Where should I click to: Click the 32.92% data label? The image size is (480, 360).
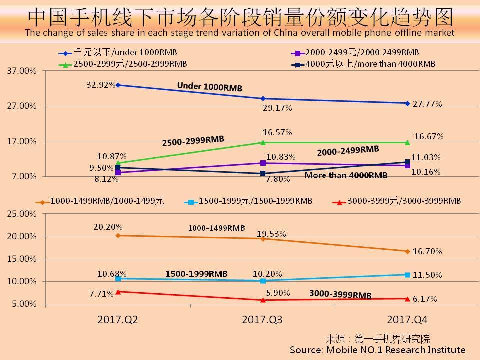pos(100,84)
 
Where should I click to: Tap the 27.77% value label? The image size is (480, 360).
pos(427,104)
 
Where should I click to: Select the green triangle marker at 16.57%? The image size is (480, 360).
pos(263,143)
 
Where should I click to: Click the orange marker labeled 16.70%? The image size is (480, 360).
pos(407,251)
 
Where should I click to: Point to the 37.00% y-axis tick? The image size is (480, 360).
pos(22,71)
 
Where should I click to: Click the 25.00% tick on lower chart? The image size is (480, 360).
pos(22,214)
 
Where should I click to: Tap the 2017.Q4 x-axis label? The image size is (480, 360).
pos(407,320)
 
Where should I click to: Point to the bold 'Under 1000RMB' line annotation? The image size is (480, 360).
pos(209,87)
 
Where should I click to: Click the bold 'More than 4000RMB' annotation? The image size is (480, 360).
pos(346,175)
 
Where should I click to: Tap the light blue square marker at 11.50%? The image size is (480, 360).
pos(407,275)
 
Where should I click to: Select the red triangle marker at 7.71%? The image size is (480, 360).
pos(118,291)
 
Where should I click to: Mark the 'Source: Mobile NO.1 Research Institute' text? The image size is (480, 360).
pos(377,350)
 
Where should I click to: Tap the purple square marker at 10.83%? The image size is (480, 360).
pos(263,163)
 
